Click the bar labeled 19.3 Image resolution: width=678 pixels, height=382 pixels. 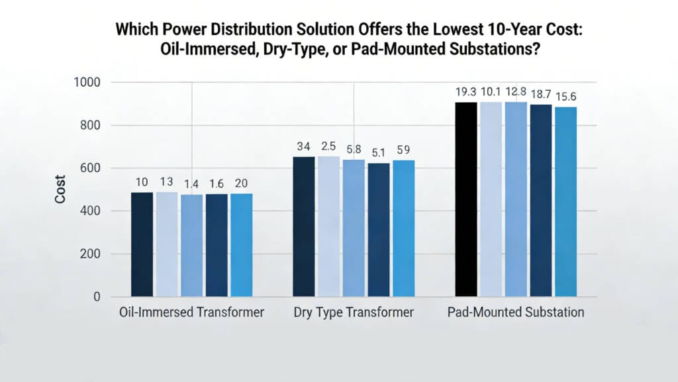pos(466,199)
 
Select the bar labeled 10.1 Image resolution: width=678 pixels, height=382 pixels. pos(491,199)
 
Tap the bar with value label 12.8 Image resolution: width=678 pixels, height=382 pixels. pos(516,199)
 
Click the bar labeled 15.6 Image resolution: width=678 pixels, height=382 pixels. pos(565,202)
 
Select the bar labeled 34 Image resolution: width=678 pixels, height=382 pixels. pos(304,226)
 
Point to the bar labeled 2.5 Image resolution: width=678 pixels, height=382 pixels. pos(328,226)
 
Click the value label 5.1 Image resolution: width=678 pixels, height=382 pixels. pos(378,152)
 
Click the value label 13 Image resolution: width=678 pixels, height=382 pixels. pos(166,182)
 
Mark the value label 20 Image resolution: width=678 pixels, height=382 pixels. pos(242,183)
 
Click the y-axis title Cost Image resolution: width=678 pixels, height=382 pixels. pos(60,189)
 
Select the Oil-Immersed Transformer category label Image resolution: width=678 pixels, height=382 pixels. pos(191,312)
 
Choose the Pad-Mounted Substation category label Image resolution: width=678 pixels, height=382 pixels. pos(516,312)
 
